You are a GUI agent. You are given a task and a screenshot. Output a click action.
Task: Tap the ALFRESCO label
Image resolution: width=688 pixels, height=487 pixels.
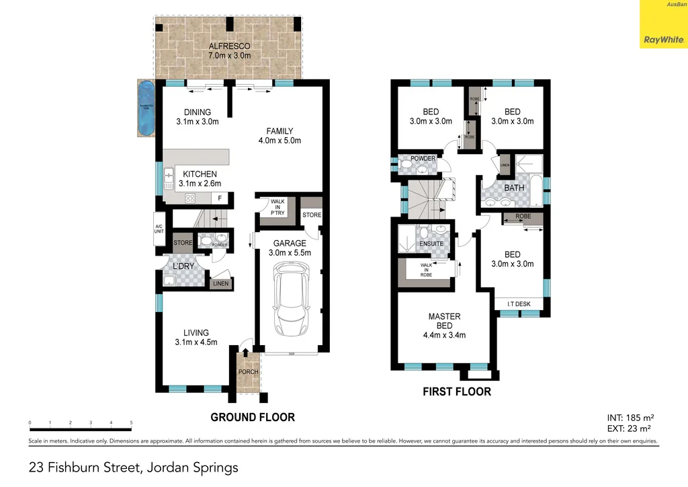click(229, 46)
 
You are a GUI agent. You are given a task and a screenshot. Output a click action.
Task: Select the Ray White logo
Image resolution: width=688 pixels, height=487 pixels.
click(662, 39)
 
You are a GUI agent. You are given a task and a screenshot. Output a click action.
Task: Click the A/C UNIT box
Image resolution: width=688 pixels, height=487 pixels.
click(159, 229)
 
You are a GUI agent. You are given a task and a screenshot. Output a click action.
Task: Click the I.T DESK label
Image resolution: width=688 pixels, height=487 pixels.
click(519, 304)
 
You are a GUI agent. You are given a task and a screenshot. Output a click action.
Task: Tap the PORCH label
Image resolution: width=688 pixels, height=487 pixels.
click(248, 371)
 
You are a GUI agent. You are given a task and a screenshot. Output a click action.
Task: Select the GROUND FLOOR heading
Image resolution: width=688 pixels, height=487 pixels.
click(253, 417)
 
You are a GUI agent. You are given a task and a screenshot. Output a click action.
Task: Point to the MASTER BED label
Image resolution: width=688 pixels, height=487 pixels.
click(444, 321)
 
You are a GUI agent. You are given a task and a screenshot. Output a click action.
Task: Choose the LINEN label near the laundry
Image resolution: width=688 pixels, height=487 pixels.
click(221, 285)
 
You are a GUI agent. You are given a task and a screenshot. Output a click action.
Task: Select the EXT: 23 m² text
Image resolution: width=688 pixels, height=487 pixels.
click(628, 428)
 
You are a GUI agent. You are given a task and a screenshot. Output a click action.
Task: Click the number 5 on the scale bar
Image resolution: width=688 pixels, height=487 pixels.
click(131, 423)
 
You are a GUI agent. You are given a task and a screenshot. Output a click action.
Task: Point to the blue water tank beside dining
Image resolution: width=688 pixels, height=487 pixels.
click(146, 108)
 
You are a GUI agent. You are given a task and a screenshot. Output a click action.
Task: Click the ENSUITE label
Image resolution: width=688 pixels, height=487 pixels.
click(431, 243)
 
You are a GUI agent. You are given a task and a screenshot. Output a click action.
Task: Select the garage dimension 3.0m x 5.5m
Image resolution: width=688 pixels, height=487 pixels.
click(290, 253)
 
